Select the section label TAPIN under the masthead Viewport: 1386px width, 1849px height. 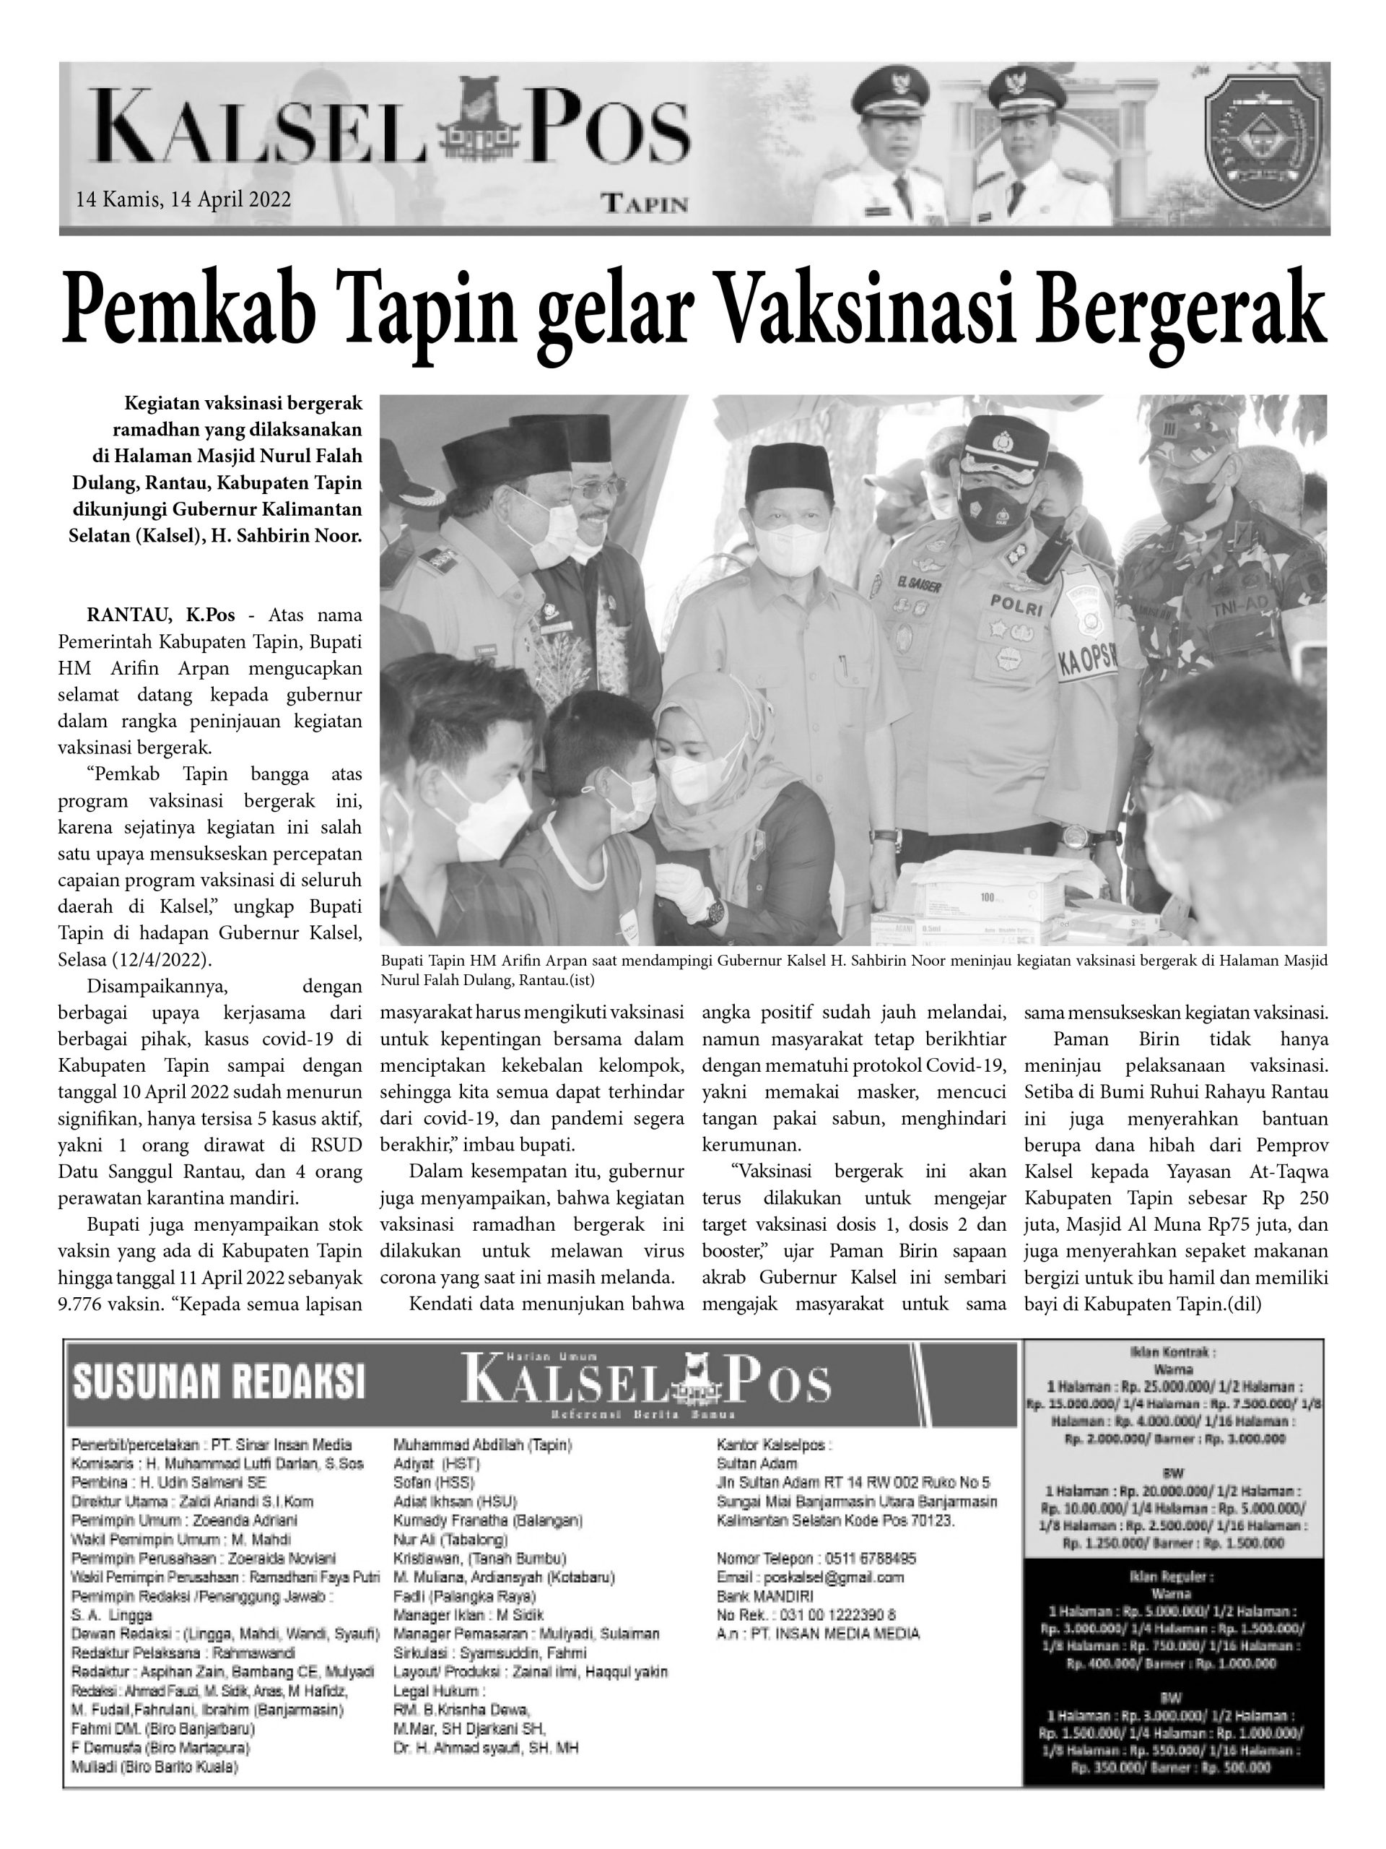point(645,204)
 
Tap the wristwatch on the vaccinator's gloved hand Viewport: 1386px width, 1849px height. point(715,912)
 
